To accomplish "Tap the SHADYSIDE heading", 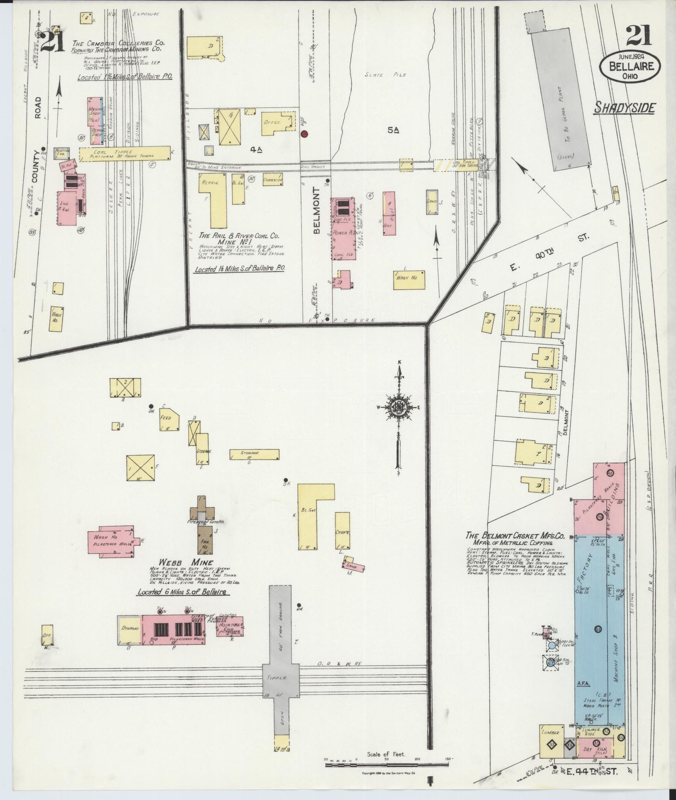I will (625, 108).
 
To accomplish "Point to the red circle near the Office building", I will (304, 134).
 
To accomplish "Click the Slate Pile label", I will (385, 75).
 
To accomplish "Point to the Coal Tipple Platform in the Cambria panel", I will (125, 153).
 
